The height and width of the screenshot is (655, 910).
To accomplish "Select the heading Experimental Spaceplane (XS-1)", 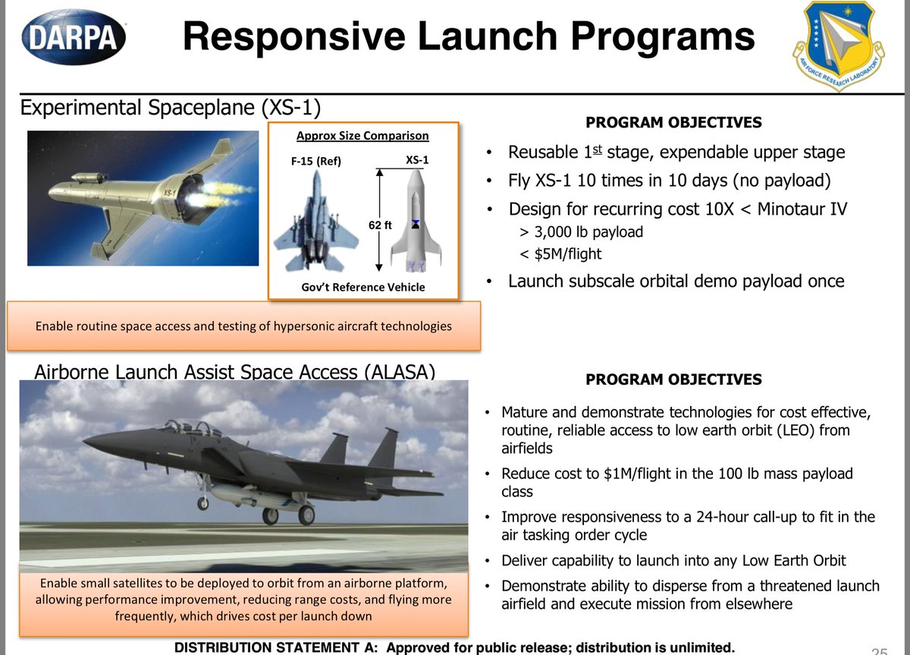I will tap(165, 107).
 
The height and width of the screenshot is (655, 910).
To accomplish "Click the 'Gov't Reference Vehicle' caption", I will tap(363, 286).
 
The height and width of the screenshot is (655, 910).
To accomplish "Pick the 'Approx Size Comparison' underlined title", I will tap(362, 136).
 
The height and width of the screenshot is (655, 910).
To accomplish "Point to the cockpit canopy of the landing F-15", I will tap(185, 429).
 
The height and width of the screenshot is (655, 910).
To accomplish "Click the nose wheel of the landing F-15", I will tap(202, 502).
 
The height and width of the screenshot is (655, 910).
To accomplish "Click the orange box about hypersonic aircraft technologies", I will tap(243, 326).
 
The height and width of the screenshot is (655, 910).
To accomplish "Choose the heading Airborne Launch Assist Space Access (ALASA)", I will tap(235, 372).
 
